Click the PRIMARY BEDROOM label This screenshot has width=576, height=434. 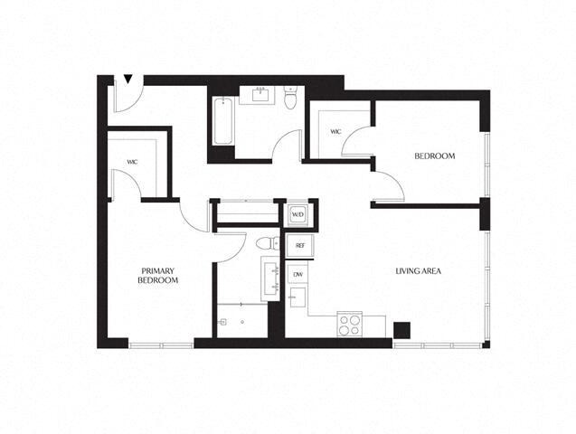tap(157, 276)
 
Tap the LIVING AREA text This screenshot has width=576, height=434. tap(418, 271)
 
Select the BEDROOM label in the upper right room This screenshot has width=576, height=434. tap(434, 156)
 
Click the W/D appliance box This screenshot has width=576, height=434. tap(297, 215)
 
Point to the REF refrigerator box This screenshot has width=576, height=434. tap(297, 245)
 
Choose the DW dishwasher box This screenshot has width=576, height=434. tap(297, 274)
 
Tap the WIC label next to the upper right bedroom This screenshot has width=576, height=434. tap(335, 132)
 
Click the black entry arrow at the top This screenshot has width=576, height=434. tap(128, 80)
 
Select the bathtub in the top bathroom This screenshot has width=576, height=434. tap(222, 121)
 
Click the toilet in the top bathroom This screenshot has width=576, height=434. tap(290, 99)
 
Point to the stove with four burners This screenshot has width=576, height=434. tap(349, 323)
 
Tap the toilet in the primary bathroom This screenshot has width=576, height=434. tap(265, 242)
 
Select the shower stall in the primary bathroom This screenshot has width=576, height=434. tap(241, 320)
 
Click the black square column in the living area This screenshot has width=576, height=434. tap(402, 329)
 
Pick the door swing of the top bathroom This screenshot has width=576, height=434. tap(289, 145)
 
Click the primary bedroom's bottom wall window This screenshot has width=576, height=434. tap(160, 344)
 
